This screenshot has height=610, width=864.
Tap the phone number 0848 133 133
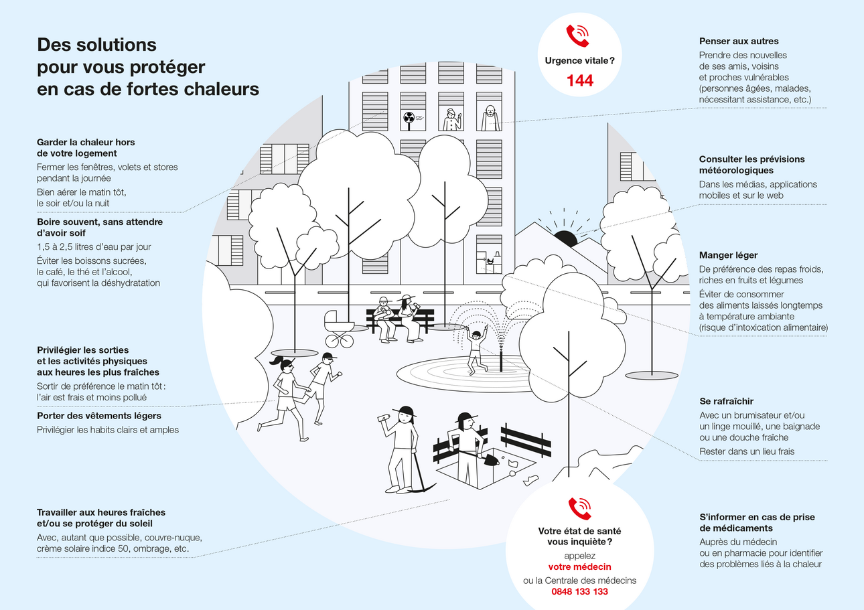579,592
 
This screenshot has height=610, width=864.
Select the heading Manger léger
729,255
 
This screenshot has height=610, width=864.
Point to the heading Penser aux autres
739,42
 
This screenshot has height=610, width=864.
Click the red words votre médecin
579,567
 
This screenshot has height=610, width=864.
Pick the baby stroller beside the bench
339,329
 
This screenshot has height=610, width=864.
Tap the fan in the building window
409,121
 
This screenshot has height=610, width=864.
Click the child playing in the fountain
476,350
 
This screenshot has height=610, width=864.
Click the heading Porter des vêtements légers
98,416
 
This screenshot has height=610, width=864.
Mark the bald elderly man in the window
490,117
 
